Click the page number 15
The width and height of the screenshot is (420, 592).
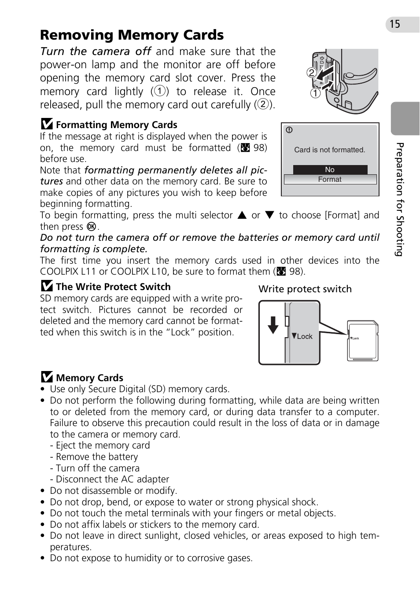[395, 24]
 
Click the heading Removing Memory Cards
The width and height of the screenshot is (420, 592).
[132, 35]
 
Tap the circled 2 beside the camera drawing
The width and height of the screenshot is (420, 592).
[312, 73]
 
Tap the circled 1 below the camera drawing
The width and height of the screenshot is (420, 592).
[315, 93]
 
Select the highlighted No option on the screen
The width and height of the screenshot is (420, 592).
[330, 170]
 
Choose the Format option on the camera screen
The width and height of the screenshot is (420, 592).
[330, 180]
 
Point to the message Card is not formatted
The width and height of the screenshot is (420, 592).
[330, 150]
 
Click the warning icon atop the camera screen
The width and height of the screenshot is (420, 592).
[289, 130]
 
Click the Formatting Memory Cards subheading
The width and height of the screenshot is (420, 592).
[116, 125]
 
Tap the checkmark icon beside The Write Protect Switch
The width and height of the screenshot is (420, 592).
[47, 287]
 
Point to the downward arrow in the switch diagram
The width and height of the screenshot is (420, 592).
[273, 325]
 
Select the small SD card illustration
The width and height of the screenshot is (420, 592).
[363, 341]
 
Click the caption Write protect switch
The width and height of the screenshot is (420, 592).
[305, 289]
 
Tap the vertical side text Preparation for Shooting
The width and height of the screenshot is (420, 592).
[399, 199]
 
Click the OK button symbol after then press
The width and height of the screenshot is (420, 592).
[92, 227]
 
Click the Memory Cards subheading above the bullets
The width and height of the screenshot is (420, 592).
[89, 378]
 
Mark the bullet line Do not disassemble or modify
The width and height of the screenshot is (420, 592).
[113, 491]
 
